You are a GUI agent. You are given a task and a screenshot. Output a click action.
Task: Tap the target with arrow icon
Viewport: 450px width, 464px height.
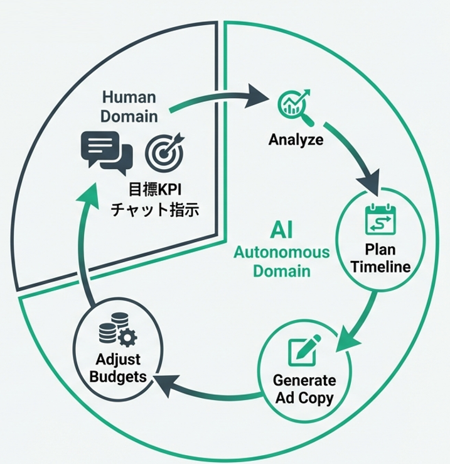(165, 151)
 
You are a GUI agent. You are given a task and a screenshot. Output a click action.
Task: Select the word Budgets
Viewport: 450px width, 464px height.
(119, 377)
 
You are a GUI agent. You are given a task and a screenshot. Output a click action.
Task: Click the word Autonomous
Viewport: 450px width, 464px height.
(281, 253)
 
